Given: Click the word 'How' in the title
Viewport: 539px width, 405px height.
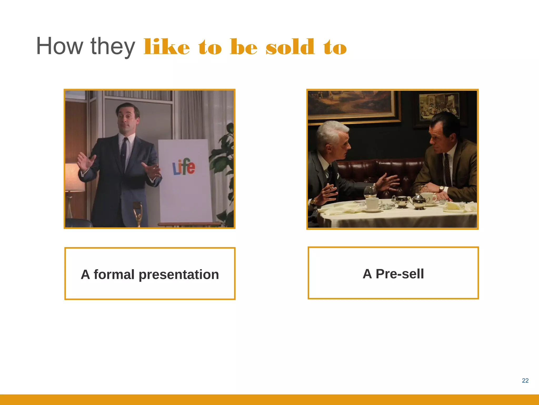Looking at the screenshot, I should point(59,46).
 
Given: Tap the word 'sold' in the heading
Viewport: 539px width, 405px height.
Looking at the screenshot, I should point(290,47).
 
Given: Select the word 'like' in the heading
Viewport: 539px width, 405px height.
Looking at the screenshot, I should point(167,47).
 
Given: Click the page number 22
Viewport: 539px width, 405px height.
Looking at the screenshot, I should point(525,380).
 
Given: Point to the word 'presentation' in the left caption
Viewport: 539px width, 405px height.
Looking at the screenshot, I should point(179,274).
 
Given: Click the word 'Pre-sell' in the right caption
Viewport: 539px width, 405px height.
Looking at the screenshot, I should point(400,274).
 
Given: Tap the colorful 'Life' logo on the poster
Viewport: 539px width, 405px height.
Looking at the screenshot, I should point(184,167).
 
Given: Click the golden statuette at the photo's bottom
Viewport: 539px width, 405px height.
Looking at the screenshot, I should point(138,214).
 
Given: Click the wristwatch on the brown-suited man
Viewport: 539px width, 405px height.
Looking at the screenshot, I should point(441,189).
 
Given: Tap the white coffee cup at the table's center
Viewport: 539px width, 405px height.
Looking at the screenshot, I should point(372,204).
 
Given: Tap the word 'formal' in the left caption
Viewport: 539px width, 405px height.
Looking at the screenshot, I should point(114,274).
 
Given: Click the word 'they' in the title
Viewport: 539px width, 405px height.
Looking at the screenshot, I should point(113,46).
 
